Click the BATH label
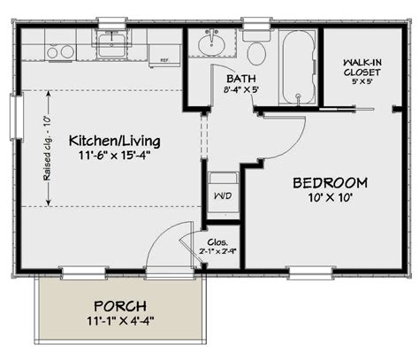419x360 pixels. click(239, 77)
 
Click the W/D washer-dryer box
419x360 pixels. click(221, 194)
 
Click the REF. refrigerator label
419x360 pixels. click(164, 61)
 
